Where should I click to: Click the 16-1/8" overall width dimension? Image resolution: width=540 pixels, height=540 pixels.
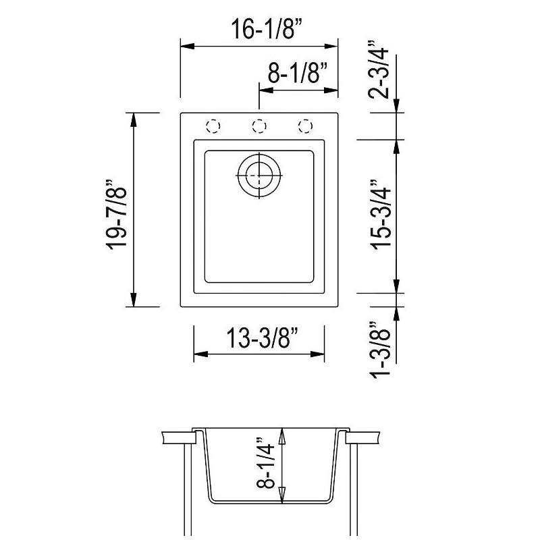(x=267, y=29)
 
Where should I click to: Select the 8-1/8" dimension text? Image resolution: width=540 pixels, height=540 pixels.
(x=297, y=73)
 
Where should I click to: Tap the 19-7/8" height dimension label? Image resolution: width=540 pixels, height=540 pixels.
(x=116, y=215)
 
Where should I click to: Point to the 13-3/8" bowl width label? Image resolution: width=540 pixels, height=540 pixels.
(x=261, y=337)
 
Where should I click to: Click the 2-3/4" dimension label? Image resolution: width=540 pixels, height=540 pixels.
(x=379, y=70)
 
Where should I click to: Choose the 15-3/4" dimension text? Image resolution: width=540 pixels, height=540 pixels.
(x=381, y=213)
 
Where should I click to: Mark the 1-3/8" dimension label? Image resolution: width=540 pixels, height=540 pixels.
(x=380, y=350)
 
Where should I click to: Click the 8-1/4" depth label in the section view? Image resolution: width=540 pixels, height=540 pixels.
(x=265, y=463)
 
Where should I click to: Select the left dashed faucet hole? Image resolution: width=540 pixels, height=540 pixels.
(x=213, y=126)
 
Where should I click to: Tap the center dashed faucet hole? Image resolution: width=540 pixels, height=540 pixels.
(x=259, y=126)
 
